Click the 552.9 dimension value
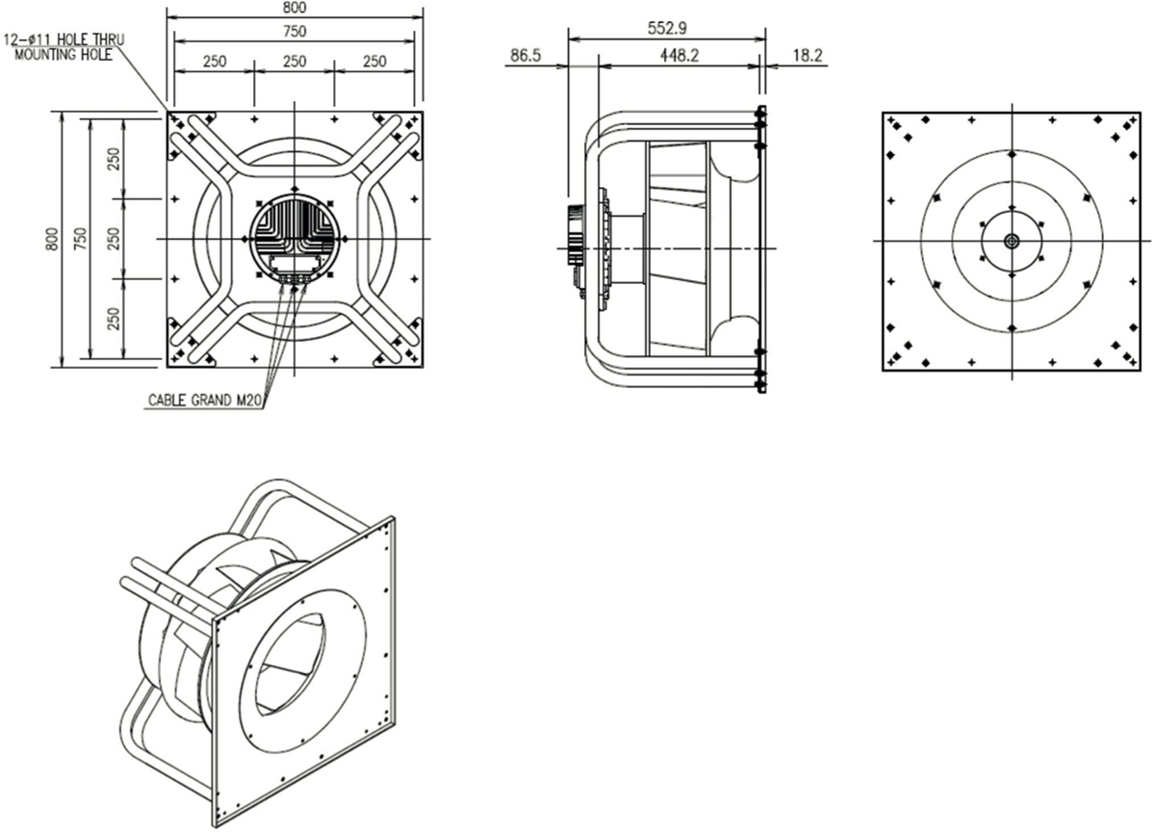tap(667, 28)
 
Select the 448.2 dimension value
tap(680, 55)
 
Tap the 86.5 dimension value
tap(526, 55)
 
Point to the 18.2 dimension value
tap(808, 55)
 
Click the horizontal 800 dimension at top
tap(295, 7)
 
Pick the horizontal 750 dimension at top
tap(295, 32)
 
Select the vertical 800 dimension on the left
tap(52, 239)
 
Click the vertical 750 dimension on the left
tap(81, 239)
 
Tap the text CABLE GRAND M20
tap(205, 401)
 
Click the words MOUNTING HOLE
tap(64, 55)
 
